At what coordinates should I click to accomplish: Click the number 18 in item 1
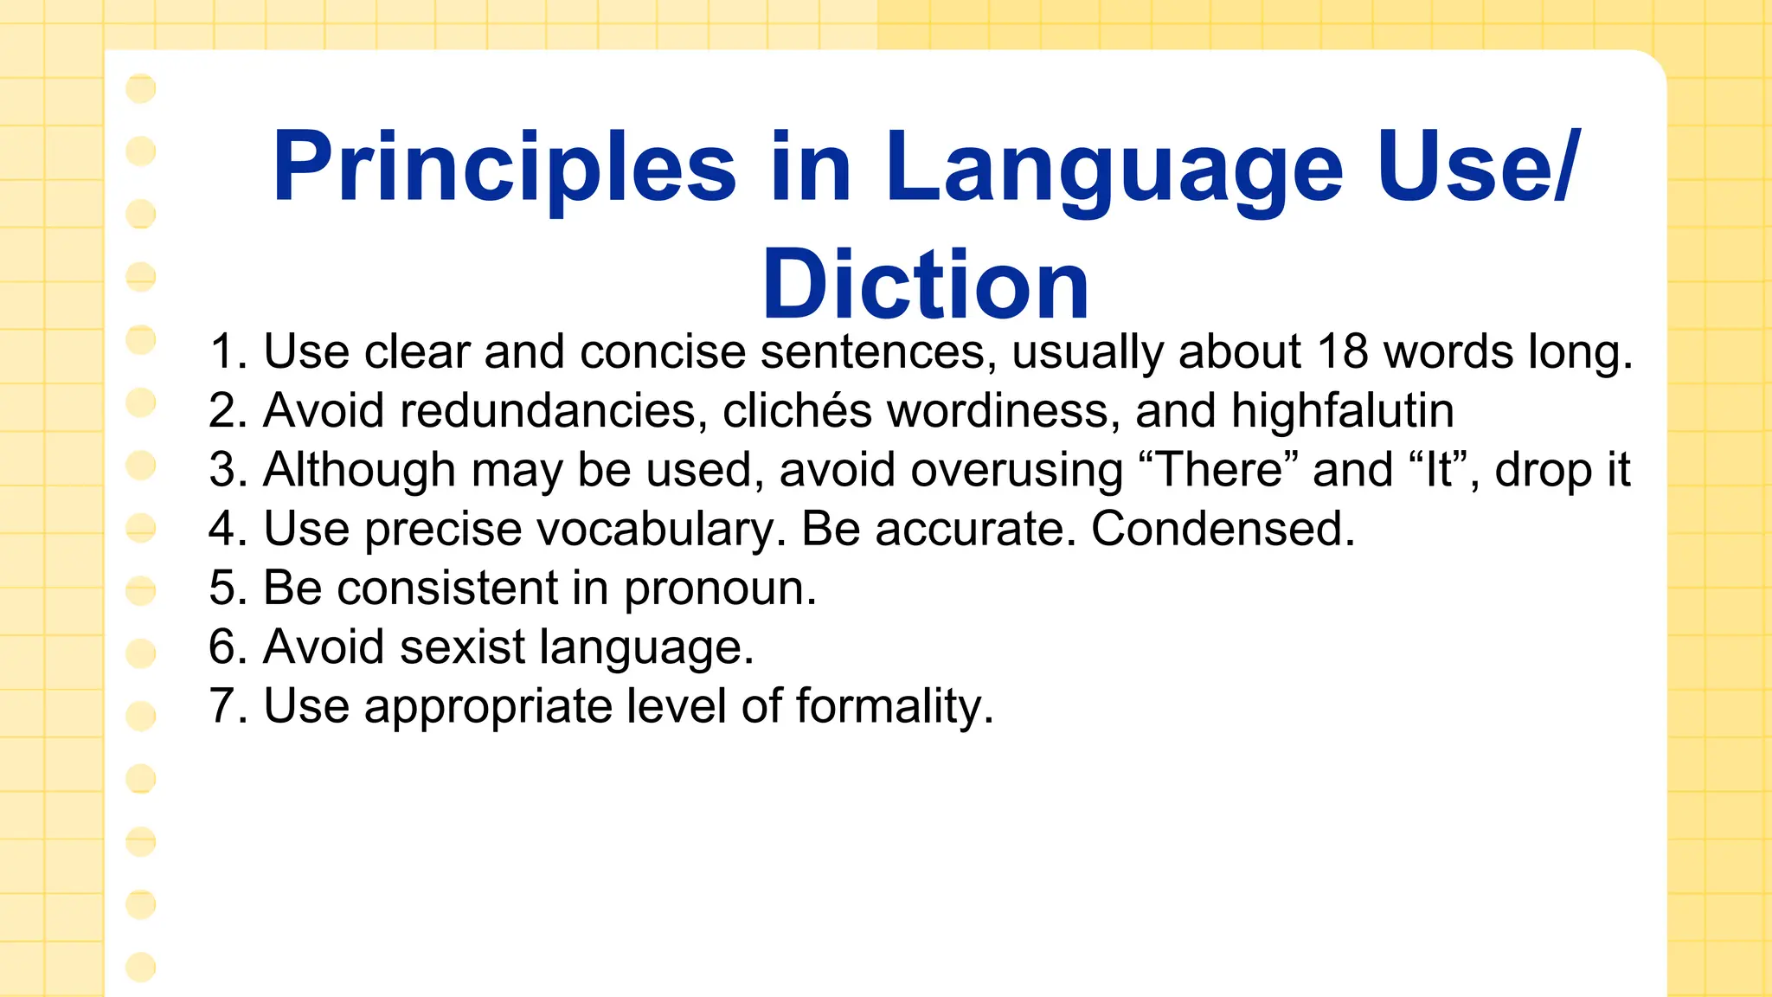[1343, 352]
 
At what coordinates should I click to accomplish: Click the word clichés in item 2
[797, 410]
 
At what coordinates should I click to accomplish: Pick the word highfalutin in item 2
[1342, 410]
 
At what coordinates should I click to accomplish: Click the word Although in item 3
[359, 470]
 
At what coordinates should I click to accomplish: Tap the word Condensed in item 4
[1222, 529]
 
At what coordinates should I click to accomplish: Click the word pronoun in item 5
[720, 589]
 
